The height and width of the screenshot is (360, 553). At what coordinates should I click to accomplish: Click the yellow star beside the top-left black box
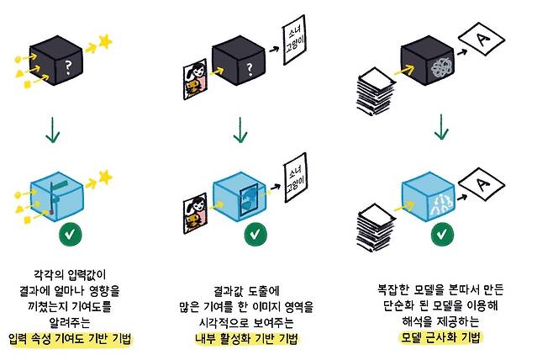point(104,40)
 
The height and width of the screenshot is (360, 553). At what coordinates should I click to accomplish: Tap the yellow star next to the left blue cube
point(105,176)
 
